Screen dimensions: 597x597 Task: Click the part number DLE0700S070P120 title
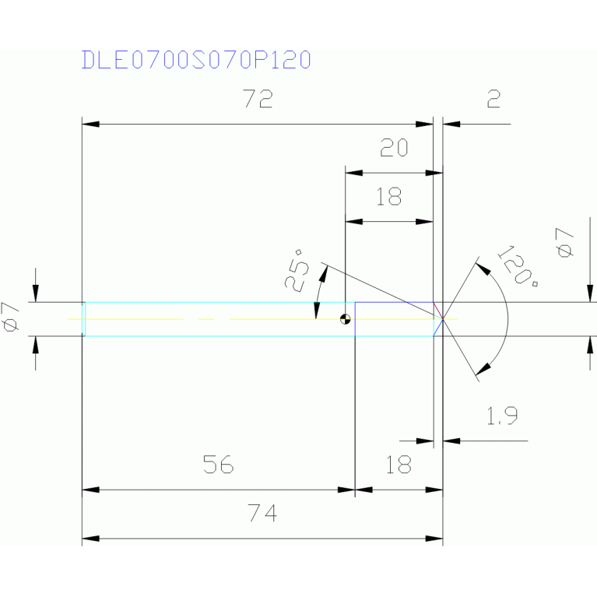coord(196,60)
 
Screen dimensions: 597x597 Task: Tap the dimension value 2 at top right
coord(492,100)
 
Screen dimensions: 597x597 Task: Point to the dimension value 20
coord(393,149)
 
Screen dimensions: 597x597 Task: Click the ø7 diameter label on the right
coord(565,243)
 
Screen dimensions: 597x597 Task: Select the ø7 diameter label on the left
coord(11,317)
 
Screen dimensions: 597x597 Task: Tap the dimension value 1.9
coord(502,417)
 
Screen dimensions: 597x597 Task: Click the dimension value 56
coord(218,465)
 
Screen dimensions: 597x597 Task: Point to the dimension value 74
coord(262,514)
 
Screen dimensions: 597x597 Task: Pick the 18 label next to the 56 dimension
coord(398,465)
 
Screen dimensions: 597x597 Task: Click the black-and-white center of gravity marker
coord(345,319)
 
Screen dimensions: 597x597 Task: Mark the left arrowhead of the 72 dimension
coord(90,124)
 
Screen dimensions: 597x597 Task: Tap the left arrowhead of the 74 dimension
coord(90,539)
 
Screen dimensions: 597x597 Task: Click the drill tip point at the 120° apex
coord(442,319)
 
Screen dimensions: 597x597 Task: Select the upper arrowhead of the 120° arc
coord(482,270)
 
